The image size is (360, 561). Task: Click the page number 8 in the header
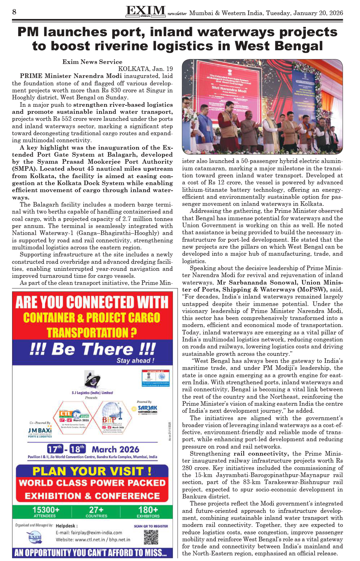point(14,12)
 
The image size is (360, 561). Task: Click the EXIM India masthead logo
point(146,11)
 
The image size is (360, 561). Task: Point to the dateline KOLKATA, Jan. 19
point(145,69)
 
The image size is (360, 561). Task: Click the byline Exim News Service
point(92,62)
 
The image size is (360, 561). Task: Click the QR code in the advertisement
point(151,537)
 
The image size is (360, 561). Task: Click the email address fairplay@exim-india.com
point(89,533)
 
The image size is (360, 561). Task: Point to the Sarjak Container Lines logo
point(147,409)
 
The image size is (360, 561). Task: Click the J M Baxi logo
point(40,431)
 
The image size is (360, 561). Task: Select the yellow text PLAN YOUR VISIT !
point(92,471)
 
